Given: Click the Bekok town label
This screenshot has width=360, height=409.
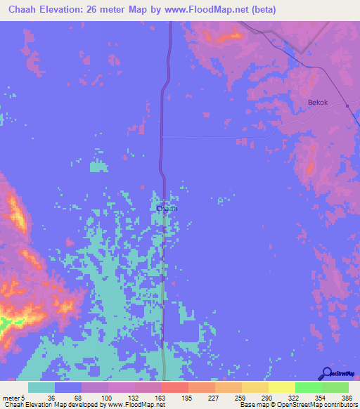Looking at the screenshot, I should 319,102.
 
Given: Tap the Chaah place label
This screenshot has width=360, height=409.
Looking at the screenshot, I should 166,209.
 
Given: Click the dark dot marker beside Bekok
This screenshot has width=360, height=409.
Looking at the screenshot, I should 347,105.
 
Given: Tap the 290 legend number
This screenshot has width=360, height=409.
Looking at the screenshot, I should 255,398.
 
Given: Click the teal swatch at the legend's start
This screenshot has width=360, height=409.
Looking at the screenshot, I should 41,387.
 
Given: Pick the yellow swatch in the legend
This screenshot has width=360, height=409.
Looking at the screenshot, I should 281,387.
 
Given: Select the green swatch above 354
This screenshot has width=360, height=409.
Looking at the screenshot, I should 308,387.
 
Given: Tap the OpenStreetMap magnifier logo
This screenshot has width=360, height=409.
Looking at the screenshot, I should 327,373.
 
